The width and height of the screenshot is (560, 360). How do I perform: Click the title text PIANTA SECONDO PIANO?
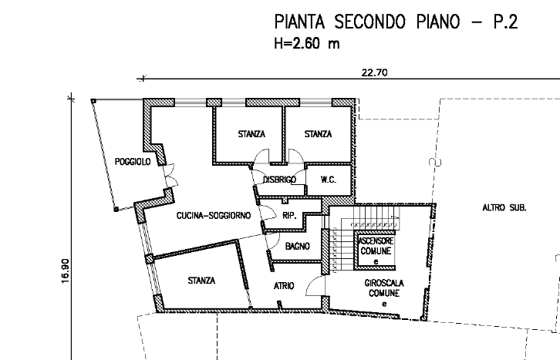tap(367, 22)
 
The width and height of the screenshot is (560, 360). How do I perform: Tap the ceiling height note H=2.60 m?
tap(307, 43)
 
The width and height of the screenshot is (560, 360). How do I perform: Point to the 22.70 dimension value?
tap(374, 72)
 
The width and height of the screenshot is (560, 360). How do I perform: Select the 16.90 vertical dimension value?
tap(65, 271)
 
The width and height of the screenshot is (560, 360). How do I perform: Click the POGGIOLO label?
tap(133, 162)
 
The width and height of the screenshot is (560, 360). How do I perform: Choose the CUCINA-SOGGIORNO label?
tap(214, 216)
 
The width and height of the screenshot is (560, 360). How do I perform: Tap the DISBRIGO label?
tap(280, 180)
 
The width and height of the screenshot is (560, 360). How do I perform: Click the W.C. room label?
tap(329, 180)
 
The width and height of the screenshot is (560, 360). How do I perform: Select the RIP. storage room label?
tap(289, 216)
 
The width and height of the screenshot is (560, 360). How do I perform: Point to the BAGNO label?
tap(298, 246)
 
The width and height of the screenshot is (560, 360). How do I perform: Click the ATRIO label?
tap(284, 286)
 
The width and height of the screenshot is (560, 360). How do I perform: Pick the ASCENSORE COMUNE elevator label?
tap(376, 246)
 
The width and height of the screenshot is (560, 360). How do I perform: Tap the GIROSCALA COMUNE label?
tap(384, 288)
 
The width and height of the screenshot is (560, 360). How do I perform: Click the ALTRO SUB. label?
tap(504, 207)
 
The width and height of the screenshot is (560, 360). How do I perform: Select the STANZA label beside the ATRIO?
tap(201, 281)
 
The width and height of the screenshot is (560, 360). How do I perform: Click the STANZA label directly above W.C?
tap(318, 134)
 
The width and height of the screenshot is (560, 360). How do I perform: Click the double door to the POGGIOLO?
tap(170, 175)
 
